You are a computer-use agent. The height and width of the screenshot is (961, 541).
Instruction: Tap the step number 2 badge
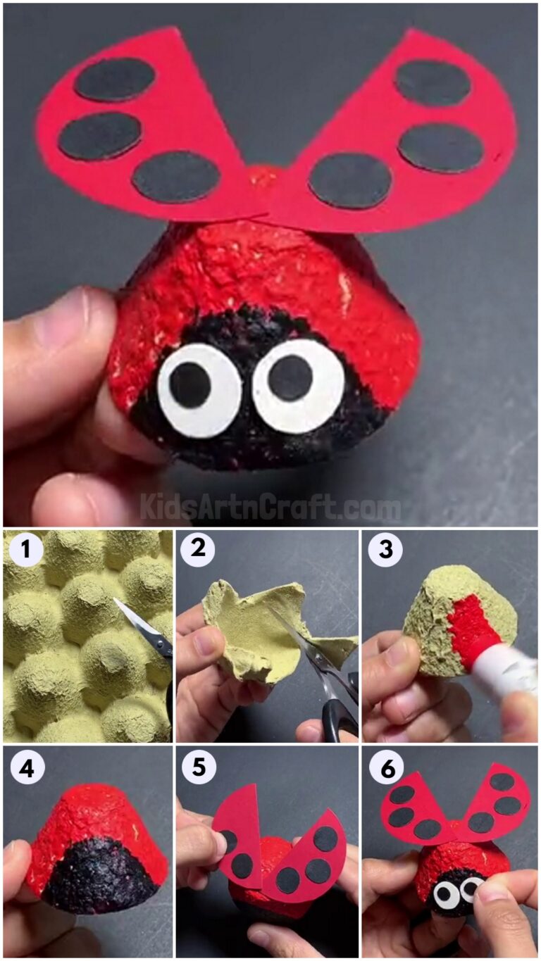[x=199, y=550]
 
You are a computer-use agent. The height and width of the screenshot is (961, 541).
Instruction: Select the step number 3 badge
[x=385, y=550]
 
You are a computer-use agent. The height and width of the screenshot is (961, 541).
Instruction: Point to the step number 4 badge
[x=26, y=769]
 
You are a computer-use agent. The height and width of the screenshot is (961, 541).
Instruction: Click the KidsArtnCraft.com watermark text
[x=270, y=506]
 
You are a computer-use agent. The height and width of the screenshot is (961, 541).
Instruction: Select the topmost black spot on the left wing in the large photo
[x=115, y=79]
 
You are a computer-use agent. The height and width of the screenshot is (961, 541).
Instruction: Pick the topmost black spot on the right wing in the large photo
[x=433, y=82]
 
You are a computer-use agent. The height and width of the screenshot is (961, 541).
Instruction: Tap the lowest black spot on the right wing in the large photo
[x=350, y=180]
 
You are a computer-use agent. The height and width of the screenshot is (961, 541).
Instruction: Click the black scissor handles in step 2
[x=340, y=711]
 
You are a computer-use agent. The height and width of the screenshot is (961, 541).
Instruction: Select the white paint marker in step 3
[x=500, y=669]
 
